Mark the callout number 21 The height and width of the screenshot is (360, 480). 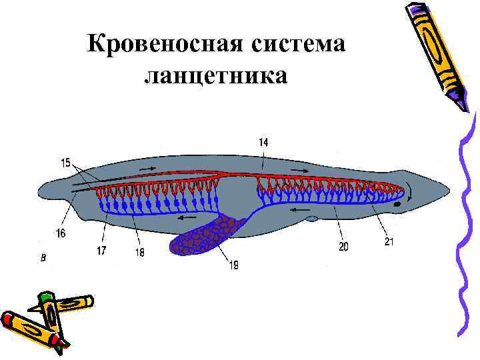tap(389, 241)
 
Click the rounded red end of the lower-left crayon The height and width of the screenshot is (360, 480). tap(8, 318)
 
